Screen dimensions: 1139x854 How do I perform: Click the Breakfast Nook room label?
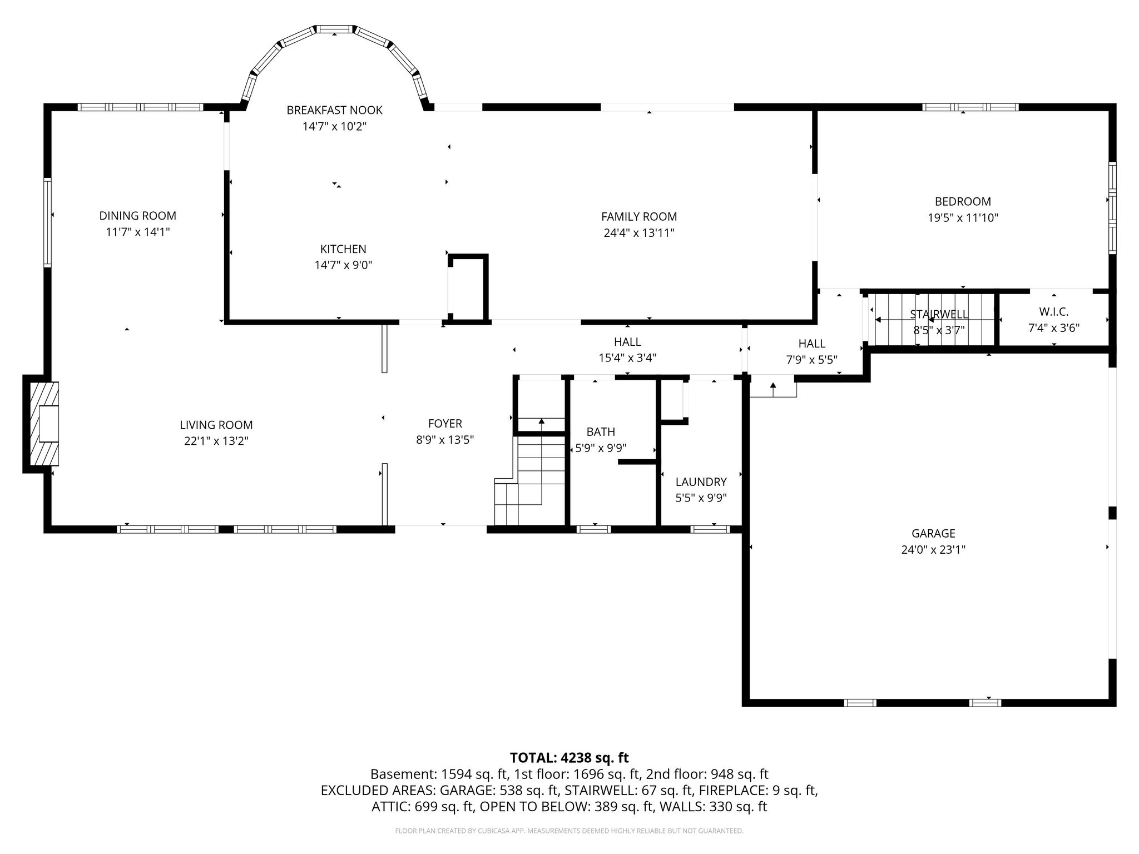334,110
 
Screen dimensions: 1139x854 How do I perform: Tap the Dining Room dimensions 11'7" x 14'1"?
138,232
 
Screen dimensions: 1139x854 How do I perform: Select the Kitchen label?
343,249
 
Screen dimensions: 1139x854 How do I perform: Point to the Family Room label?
639,217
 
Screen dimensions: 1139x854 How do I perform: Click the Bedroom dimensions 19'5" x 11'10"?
963,218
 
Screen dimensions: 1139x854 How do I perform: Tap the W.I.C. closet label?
1054,312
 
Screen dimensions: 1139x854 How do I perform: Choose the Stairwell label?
939,315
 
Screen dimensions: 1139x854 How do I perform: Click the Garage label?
933,534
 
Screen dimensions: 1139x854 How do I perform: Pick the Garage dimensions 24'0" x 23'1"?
933,550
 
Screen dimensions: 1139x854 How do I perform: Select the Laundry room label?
701,482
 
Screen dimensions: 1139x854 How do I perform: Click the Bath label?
601,432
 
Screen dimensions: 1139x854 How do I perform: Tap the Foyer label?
445,424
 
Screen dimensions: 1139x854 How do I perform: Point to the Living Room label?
216,425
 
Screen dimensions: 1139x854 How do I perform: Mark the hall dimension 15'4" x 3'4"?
627,358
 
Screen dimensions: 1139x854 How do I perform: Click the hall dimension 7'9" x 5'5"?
812,360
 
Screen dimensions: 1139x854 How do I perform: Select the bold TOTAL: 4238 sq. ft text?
569,758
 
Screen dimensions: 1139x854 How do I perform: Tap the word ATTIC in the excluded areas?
390,807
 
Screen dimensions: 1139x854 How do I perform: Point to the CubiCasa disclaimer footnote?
569,831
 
